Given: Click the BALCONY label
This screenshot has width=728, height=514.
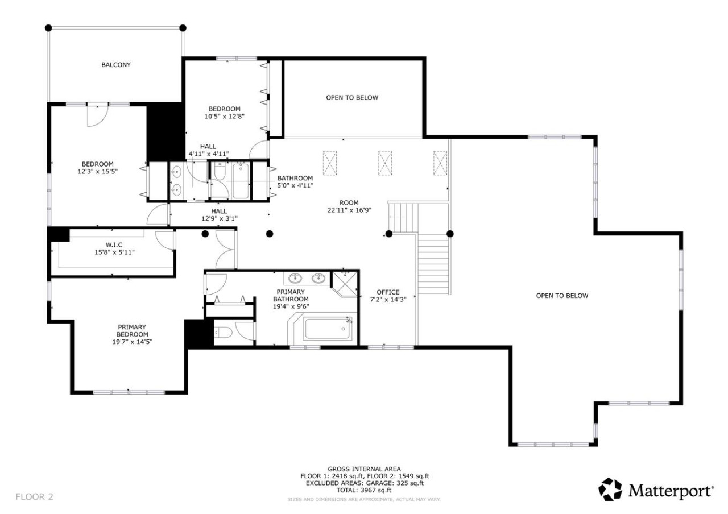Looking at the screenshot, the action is tap(115, 65).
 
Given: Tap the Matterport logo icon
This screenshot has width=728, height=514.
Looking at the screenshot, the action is tap(610, 490).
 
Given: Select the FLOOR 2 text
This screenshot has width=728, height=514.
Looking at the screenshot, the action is tap(34, 497).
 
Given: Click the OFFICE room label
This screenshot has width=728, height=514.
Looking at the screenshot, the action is tap(388, 292).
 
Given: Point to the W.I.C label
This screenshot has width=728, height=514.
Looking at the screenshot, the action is tap(114, 244).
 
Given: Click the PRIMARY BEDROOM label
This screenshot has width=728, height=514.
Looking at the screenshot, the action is tap(133, 330).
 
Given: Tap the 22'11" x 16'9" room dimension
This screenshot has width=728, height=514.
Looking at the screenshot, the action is tap(349, 210).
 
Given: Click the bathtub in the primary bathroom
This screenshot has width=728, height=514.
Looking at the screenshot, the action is tap(328, 329).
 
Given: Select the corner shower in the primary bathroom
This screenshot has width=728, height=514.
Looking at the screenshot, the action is tap(345, 284).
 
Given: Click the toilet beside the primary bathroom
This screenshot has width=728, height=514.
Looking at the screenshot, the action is tap(224, 333).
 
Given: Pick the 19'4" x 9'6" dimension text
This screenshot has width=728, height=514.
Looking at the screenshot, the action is tap(291, 306).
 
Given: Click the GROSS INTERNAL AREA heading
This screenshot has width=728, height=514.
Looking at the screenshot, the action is tap(364, 469).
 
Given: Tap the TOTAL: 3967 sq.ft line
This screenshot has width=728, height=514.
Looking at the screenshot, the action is tap(364, 490).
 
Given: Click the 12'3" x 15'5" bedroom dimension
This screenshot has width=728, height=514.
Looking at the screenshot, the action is tap(97, 171).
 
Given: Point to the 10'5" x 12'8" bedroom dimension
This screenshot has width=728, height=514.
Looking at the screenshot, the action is tap(224, 116).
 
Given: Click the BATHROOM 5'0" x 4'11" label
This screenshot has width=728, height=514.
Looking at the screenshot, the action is tap(295, 181).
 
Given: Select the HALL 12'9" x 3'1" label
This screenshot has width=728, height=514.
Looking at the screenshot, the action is tap(220, 215).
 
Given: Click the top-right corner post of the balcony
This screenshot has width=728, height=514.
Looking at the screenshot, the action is tap(183, 28).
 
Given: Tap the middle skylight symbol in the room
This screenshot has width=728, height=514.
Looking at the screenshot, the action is tap(385, 163).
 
